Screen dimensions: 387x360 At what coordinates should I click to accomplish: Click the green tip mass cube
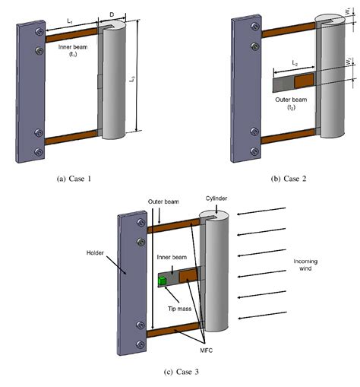[x=162, y=281]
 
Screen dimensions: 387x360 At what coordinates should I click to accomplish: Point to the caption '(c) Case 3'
[x=181, y=372]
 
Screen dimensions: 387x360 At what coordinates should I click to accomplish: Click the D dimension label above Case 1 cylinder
[x=112, y=13]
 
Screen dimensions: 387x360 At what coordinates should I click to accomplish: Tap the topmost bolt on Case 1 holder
[x=38, y=36]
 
